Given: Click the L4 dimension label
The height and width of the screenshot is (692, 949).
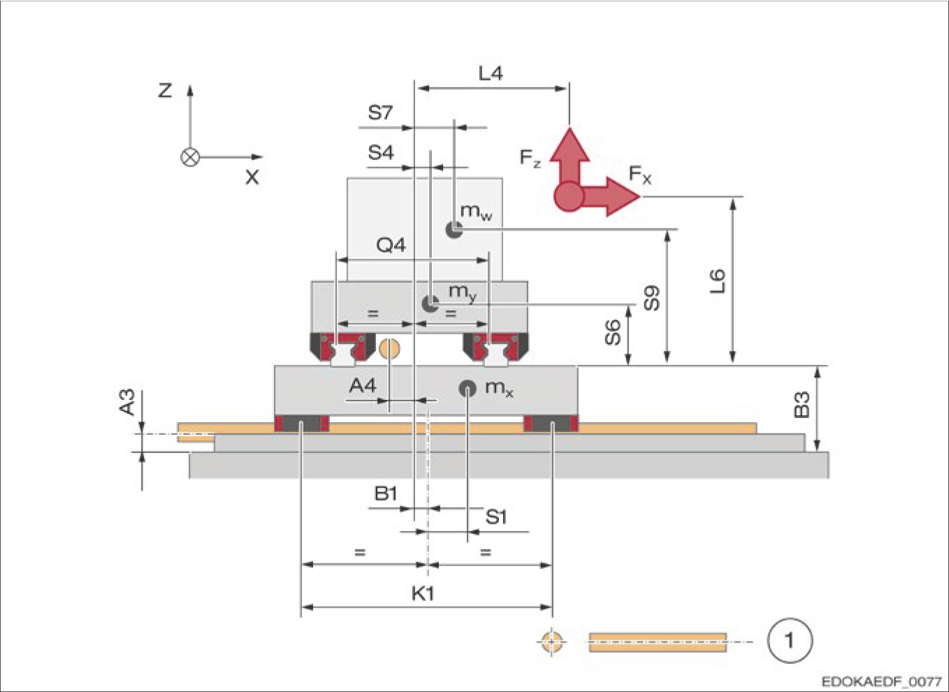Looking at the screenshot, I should [491, 73].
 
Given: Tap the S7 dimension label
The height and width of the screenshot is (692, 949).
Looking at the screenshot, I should [380, 113].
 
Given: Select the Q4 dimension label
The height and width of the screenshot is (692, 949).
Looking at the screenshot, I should [391, 245].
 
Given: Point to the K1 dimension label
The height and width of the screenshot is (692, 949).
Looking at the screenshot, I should [423, 593].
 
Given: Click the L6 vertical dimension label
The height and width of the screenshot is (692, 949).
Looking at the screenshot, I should [718, 281].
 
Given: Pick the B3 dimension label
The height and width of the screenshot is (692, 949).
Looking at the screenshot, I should [802, 405].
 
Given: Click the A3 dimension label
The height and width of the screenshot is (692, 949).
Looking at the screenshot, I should [127, 403].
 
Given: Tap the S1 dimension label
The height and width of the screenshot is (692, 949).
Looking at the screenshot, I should [495, 517].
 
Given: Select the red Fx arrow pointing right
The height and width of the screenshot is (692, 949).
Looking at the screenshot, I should [615, 196].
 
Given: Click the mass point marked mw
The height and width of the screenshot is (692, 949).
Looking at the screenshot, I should [455, 229].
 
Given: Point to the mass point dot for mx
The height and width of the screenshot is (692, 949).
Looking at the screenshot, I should [467, 389].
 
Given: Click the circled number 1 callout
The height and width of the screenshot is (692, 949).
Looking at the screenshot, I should [790, 640].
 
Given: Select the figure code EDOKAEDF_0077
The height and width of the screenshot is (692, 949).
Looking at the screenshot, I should [881, 681].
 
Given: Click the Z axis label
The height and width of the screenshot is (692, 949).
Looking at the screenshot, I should [165, 90].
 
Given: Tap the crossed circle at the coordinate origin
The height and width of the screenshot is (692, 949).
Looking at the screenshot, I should [190, 157].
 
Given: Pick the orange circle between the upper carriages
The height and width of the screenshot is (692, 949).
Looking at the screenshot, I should [389, 348].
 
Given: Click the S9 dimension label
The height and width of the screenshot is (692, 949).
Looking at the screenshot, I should [651, 298].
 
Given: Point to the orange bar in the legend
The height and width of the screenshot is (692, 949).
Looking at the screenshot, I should [657, 642].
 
